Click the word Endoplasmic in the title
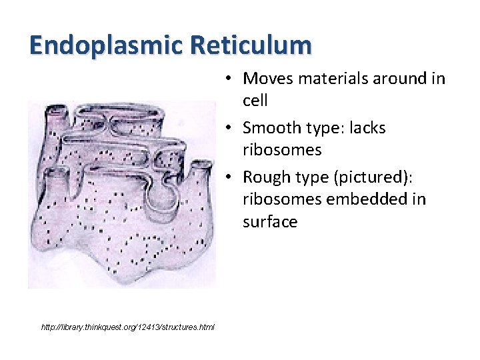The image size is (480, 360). point(106,45)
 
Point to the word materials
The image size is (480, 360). point(331,79)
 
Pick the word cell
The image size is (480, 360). point(255,101)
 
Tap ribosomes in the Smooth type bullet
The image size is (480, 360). point(282,150)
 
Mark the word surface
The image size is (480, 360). point(270,221)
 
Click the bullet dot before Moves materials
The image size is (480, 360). point(227,79)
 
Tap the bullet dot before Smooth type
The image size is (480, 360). point(227,127)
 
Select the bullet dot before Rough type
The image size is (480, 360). point(227,177)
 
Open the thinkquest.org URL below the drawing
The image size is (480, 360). point(127,327)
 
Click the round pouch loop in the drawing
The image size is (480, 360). point(161,193)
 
